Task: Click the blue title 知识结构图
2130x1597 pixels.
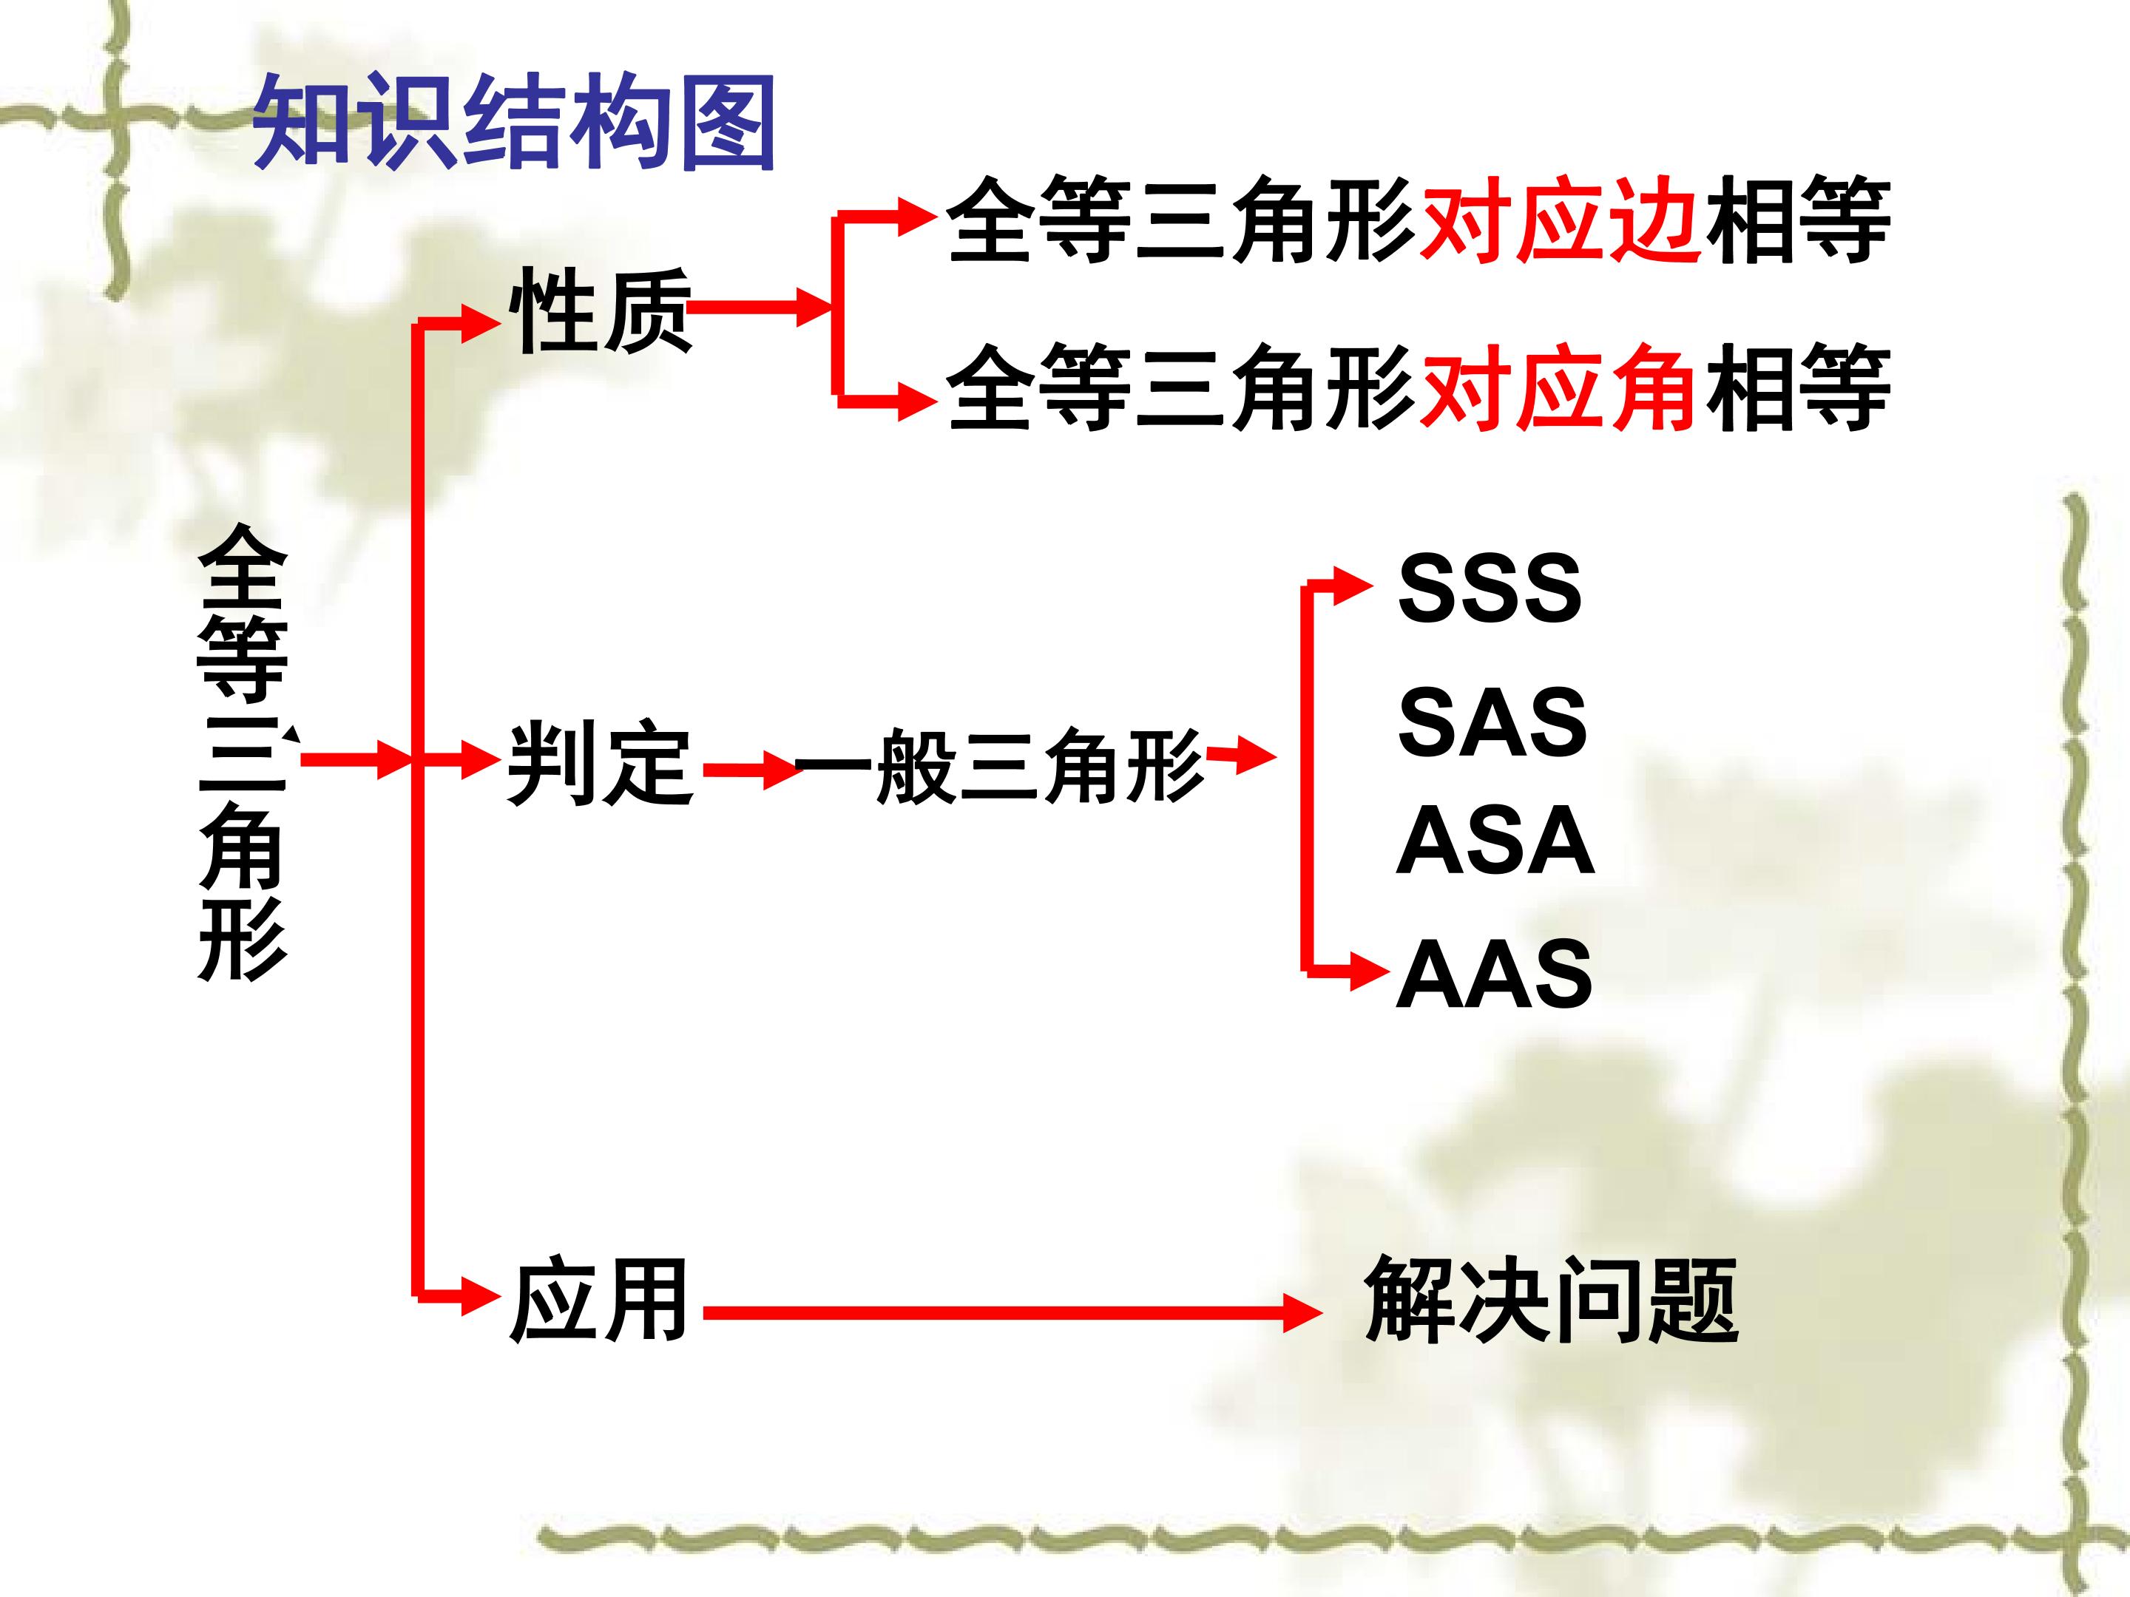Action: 513,123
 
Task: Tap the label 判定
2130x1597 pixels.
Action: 600,763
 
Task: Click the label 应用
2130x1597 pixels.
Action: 598,1300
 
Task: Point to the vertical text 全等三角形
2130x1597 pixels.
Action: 243,753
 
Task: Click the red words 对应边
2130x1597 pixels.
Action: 1559,220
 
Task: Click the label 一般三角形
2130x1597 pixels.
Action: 998,764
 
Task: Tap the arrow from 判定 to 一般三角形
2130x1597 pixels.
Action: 752,770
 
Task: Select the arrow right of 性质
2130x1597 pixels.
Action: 761,308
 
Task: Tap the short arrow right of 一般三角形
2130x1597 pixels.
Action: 1241,756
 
